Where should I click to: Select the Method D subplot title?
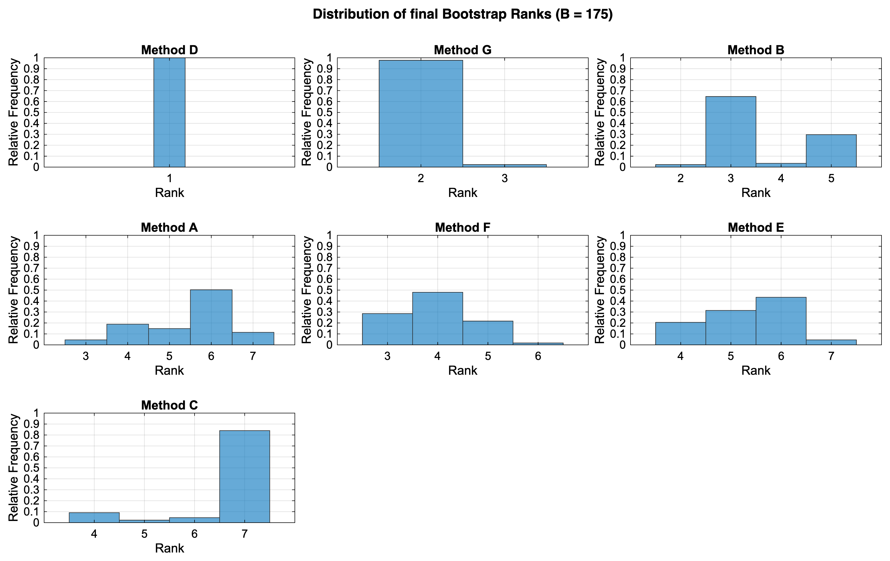coord(169,50)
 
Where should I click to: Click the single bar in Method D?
coord(169,112)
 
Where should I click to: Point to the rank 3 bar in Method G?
coord(504,165)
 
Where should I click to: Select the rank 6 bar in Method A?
coord(211,317)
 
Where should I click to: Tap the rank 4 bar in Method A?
coord(127,334)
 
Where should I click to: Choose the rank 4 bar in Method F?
coord(437,319)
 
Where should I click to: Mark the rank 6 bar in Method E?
coord(781,321)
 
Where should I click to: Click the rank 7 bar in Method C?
coord(244,477)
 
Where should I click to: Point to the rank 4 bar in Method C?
coord(94,517)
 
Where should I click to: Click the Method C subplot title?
coord(169,405)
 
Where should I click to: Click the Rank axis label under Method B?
coord(755,193)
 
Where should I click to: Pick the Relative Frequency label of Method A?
coord(13,290)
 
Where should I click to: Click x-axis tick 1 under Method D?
coord(169,179)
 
